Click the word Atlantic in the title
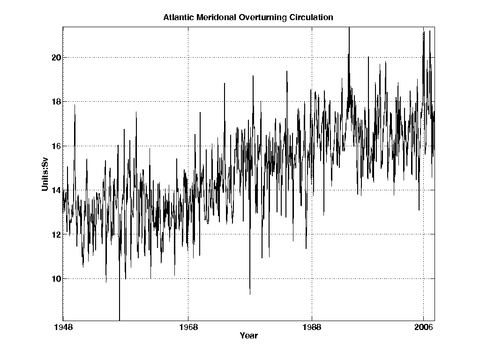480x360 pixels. point(177,18)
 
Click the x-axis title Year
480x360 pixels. point(248,336)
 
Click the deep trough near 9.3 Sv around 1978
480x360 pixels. point(250,294)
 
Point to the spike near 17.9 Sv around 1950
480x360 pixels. point(75,105)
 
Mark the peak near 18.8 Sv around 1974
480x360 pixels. point(225,83)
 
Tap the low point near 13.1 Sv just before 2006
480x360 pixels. point(419,210)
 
